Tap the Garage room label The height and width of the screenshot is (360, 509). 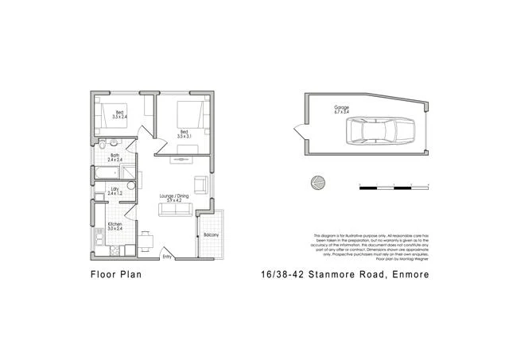[341, 109]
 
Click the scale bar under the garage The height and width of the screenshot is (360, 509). [394, 187]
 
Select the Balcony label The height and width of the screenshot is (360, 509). [211, 235]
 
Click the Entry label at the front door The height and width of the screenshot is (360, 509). [168, 257]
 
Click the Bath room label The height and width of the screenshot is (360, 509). [115, 157]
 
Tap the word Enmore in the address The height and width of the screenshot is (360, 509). [408, 276]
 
